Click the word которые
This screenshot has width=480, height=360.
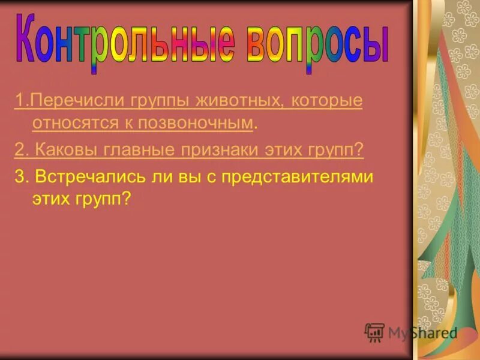click(x=327, y=101)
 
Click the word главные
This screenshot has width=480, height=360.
click(x=131, y=151)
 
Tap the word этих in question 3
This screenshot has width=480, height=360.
click(x=50, y=199)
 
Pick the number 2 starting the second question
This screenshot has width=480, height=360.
click(x=18, y=151)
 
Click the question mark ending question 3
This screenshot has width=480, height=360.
click(x=127, y=199)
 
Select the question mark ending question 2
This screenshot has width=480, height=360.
click(x=360, y=151)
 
